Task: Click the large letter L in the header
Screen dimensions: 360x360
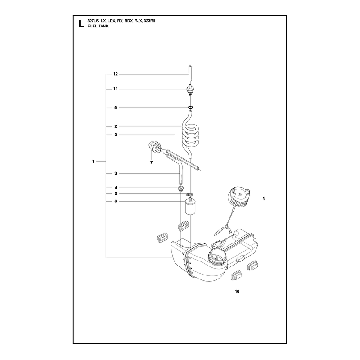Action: click(81, 24)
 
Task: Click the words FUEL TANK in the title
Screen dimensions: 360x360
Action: click(98, 26)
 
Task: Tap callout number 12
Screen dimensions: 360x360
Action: click(116, 74)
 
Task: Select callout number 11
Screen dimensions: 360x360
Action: click(116, 89)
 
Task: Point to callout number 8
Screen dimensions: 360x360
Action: click(116, 108)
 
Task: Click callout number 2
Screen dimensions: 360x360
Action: click(116, 126)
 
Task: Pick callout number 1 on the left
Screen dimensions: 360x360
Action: click(93, 162)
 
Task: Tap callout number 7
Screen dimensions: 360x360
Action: click(151, 162)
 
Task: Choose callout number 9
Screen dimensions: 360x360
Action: click(264, 198)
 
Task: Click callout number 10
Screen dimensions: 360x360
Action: click(237, 291)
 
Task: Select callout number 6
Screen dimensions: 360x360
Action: click(116, 201)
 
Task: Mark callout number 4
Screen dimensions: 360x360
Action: click(116, 188)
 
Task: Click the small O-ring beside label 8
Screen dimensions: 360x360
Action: click(190, 107)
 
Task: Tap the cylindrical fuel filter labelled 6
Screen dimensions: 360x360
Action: click(190, 206)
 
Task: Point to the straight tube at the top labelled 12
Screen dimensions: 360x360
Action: click(190, 76)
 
